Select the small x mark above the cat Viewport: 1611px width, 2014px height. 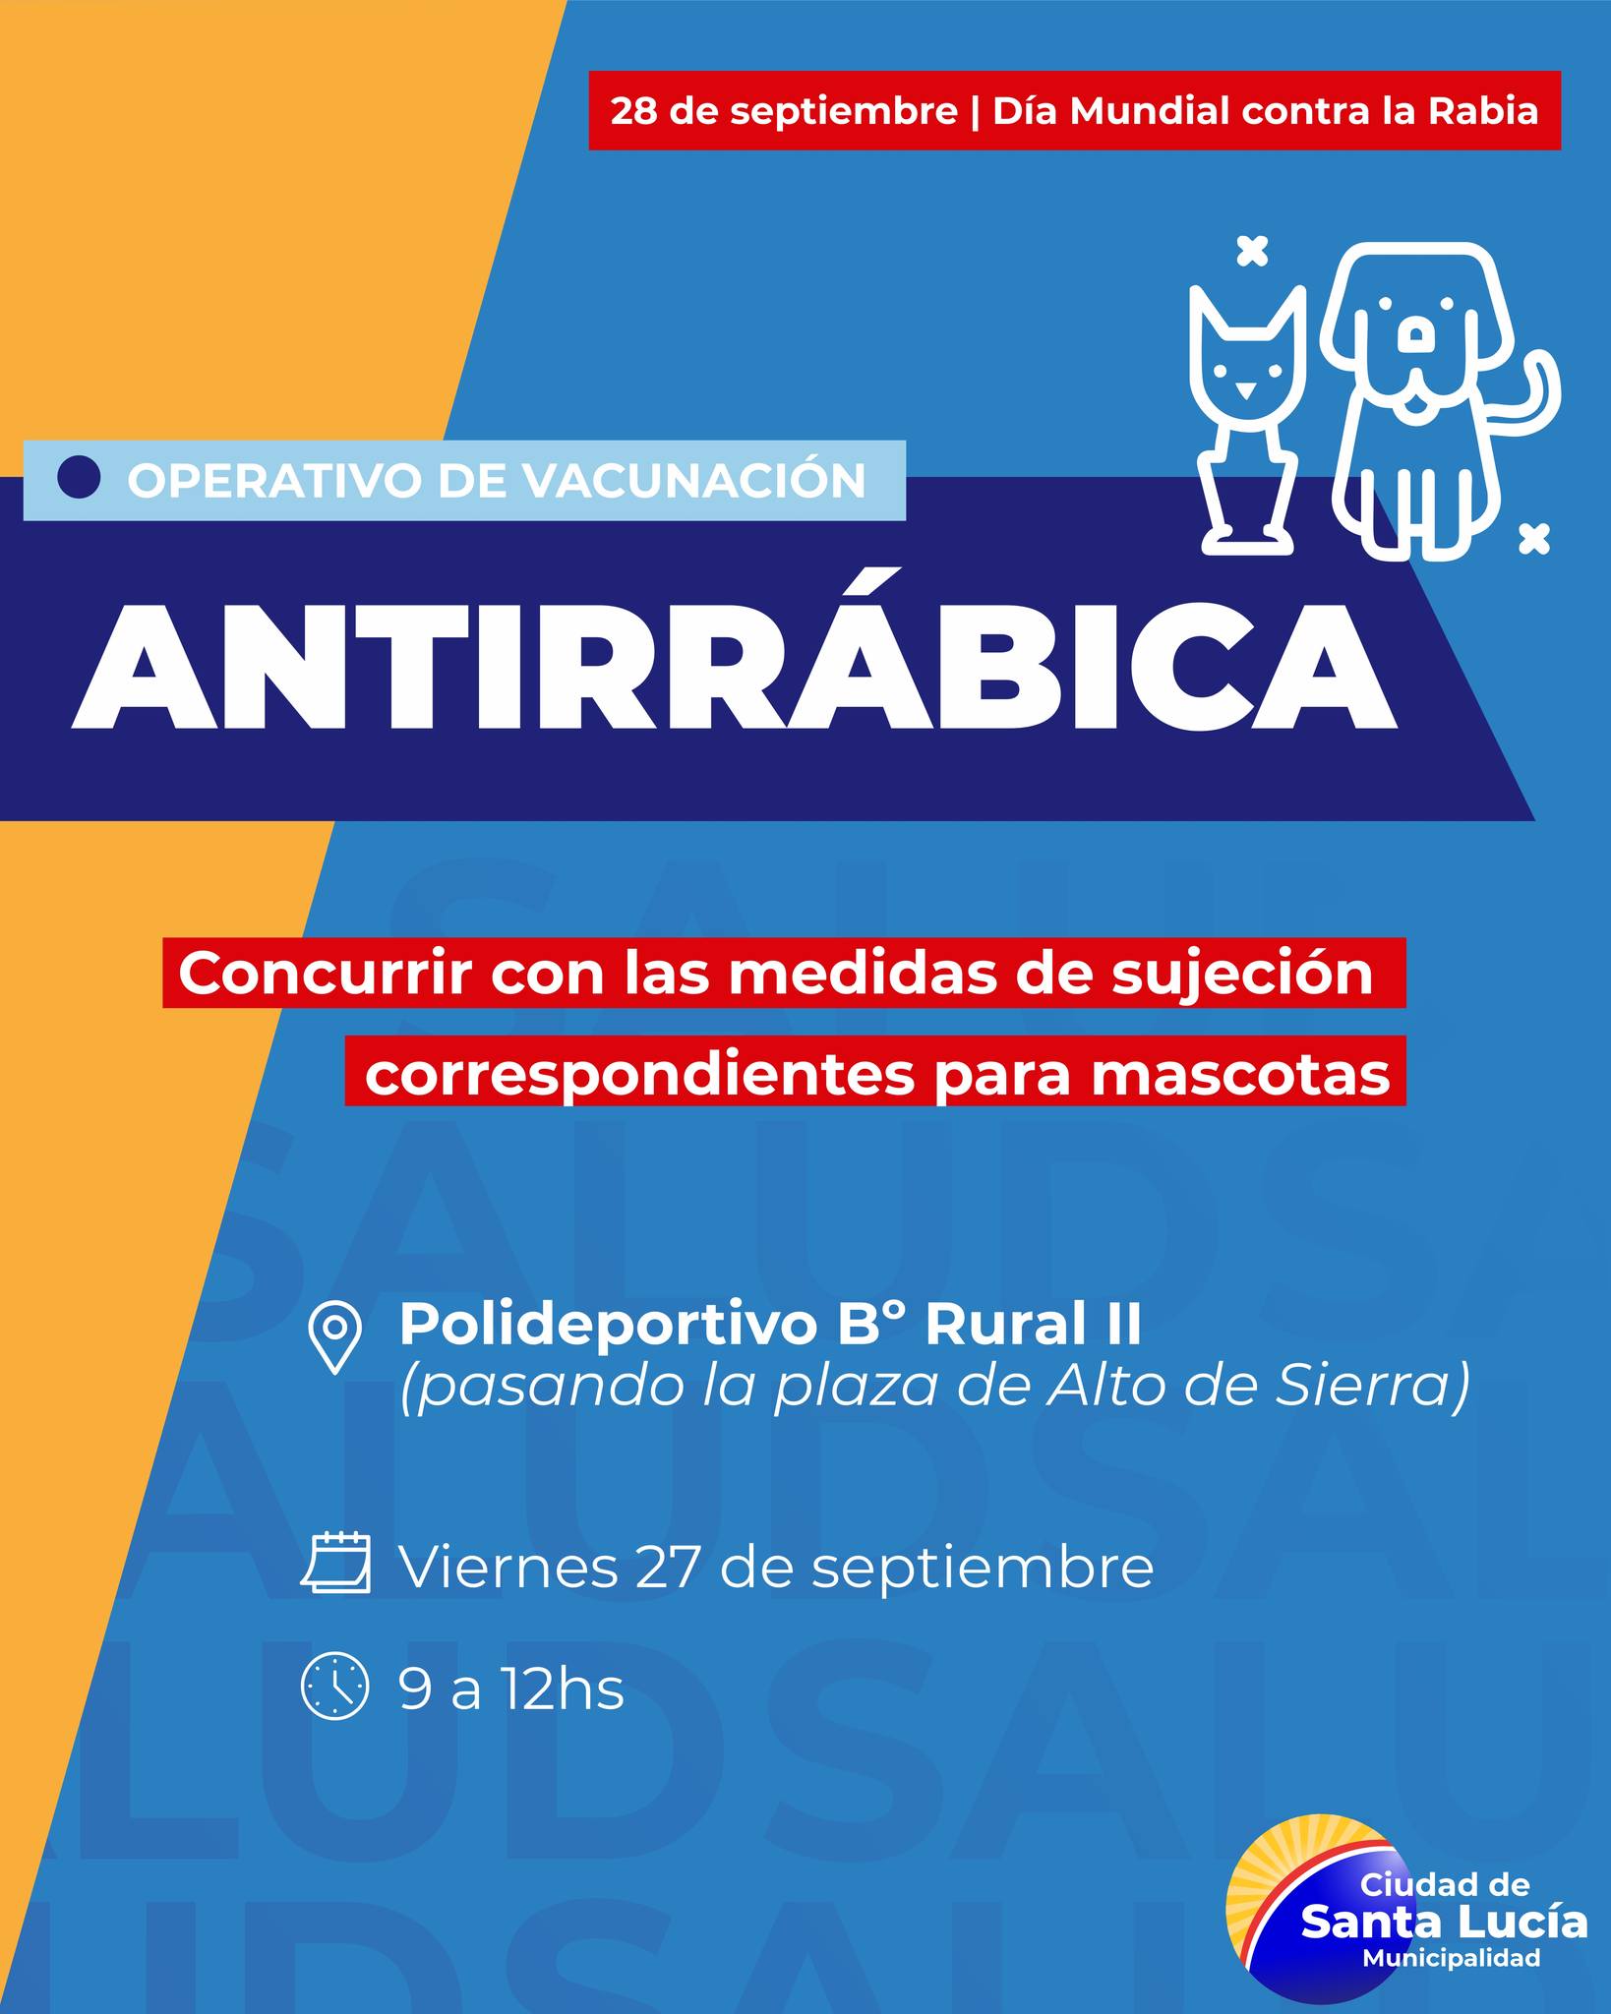pos(1251,251)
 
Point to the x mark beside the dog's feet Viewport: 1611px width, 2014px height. pos(1534,538)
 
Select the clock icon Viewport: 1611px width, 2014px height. pos(334,1687)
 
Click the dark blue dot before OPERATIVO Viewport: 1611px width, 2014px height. pos(80,478)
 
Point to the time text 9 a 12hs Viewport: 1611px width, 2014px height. pos(511,1689)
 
